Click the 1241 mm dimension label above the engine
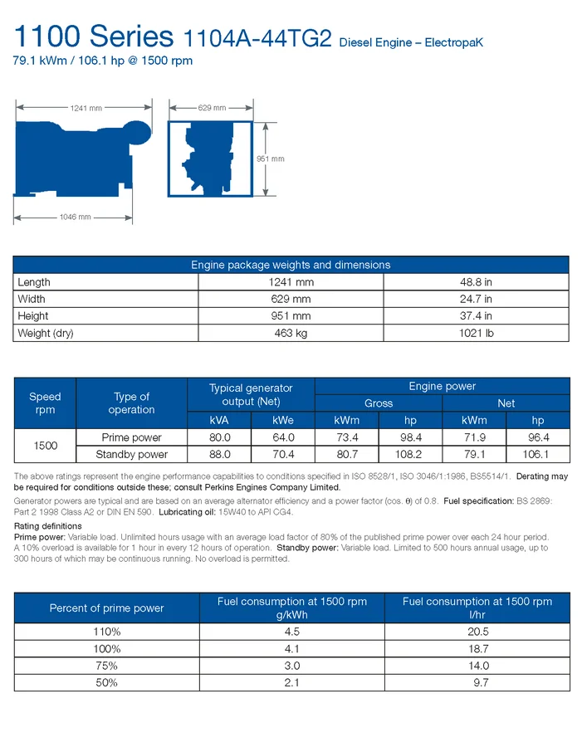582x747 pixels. [x=86, y=109]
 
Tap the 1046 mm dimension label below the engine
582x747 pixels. [x=75, y=217]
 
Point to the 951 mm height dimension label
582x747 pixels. [x=271, y=159]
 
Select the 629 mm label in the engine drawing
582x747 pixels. [x=212, y=108]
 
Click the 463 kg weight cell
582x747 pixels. [x=291, y=333]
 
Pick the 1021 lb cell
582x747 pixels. [x=476, y=333]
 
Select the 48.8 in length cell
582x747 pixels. [x=476, y=282]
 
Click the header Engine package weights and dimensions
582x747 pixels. [x=291, y=265]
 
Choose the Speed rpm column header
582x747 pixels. [x=45, y=403]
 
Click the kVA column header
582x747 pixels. [x=220, y=421]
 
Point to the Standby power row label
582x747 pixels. [x=131, y=455]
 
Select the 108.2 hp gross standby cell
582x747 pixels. [x=410, y=455]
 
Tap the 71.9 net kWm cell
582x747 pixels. [x=474, y=437]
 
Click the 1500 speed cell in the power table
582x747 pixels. [x=45, y=446]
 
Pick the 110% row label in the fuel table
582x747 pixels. [x=106, y=632]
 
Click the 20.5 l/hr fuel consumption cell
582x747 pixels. [x=477, y=632]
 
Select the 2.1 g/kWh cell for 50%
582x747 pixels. [x=291, y=682]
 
